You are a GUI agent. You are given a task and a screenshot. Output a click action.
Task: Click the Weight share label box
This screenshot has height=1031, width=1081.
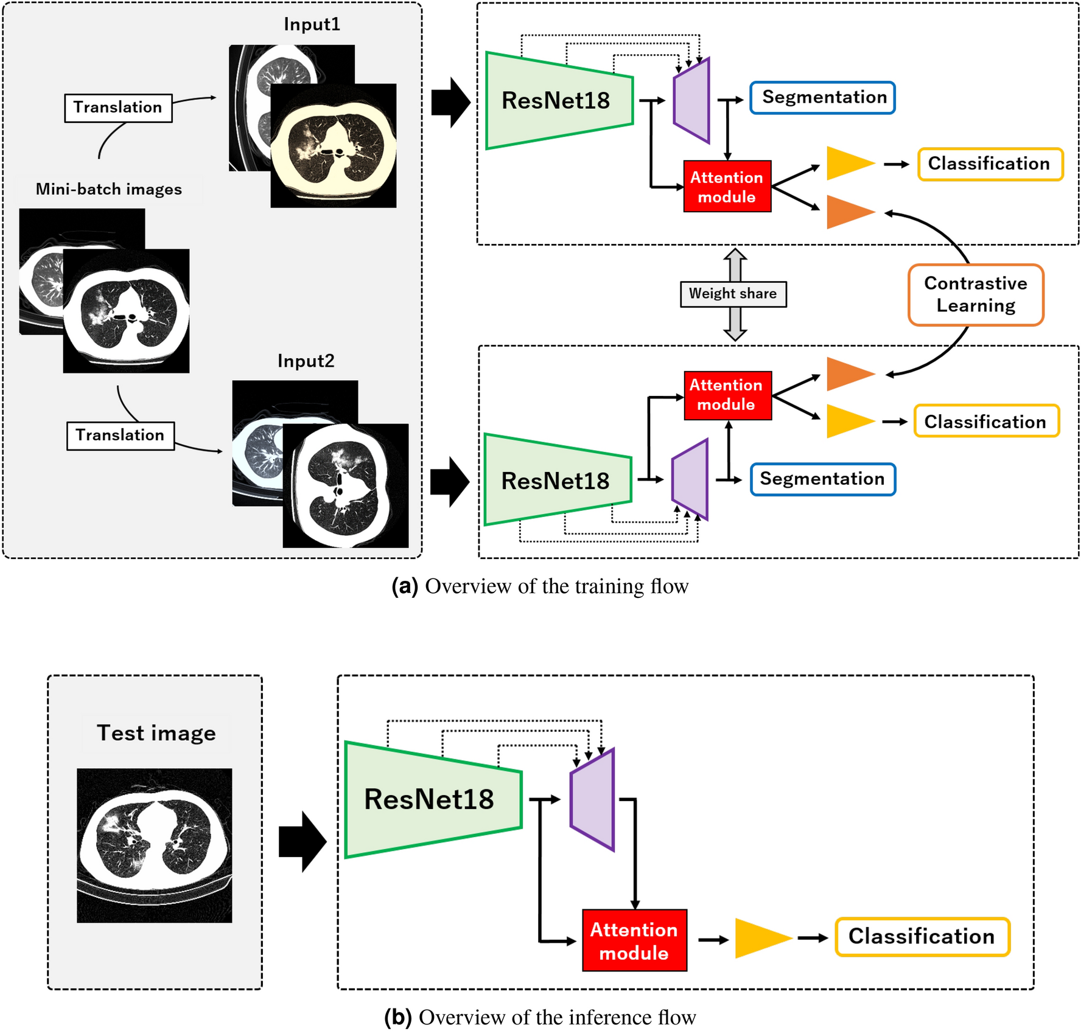point(733,294)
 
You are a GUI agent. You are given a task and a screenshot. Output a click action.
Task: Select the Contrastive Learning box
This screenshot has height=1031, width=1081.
point(976,295)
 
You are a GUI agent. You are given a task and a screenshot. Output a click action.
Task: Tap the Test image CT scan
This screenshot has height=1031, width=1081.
point(154,845)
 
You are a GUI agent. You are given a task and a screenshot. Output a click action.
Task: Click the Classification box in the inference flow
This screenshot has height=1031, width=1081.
point(922,937)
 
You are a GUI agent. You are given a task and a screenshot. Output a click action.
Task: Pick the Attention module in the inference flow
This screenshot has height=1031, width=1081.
point(634,940)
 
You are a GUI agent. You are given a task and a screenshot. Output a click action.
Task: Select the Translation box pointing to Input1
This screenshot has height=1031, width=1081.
point(118,108)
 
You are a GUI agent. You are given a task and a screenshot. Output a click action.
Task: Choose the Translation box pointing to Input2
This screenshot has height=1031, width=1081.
point(120,436)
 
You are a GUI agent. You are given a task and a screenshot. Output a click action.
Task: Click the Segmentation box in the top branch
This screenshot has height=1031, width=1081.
point(823,97)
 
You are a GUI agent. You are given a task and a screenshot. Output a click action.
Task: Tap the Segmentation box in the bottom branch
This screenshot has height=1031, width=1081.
point(823,479)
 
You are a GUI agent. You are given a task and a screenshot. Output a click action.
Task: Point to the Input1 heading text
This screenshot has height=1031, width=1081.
point(312,24)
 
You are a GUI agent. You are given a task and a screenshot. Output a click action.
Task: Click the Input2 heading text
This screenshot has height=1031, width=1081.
point(306,361)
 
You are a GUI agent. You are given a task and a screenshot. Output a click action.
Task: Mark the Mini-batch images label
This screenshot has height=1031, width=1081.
point(109,189)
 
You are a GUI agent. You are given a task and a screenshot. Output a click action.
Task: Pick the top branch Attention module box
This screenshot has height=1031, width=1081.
point(727,187)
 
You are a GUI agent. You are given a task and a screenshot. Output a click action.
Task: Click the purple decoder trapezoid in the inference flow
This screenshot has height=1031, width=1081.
point(592,799)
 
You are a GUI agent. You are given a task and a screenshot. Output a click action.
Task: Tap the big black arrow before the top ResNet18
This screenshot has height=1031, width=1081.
point(450,102)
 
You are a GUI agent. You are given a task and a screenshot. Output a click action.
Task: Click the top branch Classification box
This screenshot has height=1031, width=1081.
point(990,164)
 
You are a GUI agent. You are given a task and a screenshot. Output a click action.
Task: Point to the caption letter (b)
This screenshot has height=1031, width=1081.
point(398,1017)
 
